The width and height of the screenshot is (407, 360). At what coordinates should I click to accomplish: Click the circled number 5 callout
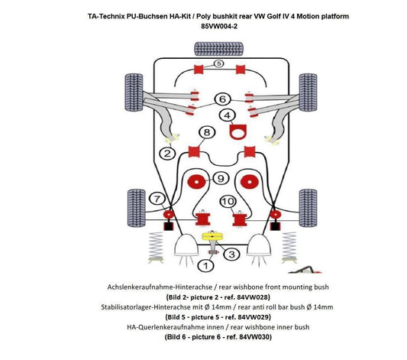[x=219, y=63]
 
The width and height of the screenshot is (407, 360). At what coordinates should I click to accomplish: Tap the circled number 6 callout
[x=222, y=99]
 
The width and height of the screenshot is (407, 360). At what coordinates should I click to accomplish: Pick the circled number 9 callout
[x=220, y=179]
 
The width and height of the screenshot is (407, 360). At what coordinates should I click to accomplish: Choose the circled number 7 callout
[x=157, y=199]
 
